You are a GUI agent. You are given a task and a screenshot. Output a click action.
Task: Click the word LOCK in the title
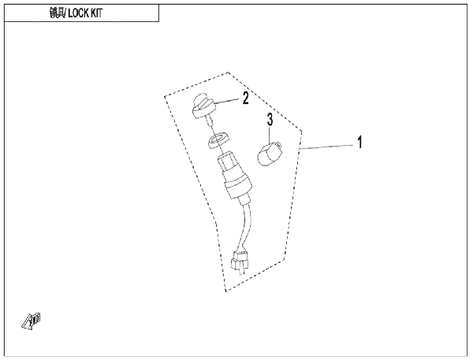[x=78, y=13]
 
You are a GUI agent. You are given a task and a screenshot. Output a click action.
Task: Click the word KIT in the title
[x=96, y=13]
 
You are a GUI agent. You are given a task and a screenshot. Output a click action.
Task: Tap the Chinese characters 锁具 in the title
[x=57, y=13]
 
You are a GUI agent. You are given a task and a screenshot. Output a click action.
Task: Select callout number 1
[x=359, y=143]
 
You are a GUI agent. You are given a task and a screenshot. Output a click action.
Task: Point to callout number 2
[x=246, y=98]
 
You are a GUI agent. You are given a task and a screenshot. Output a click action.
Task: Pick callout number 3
[x=270, y=120]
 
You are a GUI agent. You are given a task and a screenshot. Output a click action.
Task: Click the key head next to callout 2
[x=203, y=106]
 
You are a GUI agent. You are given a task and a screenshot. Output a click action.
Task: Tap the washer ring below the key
[x=218, y=140]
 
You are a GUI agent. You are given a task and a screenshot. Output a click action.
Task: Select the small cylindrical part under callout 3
[x=269, y=154]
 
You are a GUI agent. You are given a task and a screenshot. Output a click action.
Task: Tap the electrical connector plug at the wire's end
[x=240, y=261]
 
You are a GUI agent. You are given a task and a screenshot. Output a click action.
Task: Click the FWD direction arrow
[x=31, y=321]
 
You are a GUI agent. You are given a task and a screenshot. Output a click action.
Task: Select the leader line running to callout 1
[x=326, y=147]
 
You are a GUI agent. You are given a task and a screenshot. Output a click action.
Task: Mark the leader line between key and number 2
[x=227, y=102]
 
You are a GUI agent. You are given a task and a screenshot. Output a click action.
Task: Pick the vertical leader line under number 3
[x=270, y=135]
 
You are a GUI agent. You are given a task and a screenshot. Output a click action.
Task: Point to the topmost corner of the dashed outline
[x=228, y=72]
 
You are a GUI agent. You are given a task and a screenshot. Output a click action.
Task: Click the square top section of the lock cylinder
[x=226, y=165]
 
